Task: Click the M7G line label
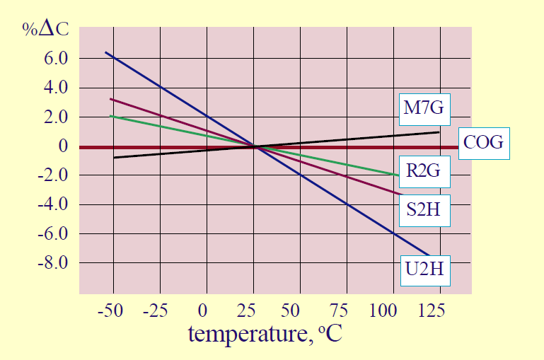[x=424, y=108]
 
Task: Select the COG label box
[x=482, y=143]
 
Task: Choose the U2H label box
[x=424, y=269]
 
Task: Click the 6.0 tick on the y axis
[x=54, y=59]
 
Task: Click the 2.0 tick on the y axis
[x=54, y=117]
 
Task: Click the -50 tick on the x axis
[x=110, y=310]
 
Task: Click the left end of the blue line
[x=105, y=52]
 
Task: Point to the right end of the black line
[x=439, y=132]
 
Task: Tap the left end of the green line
[x=110, y=116]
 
